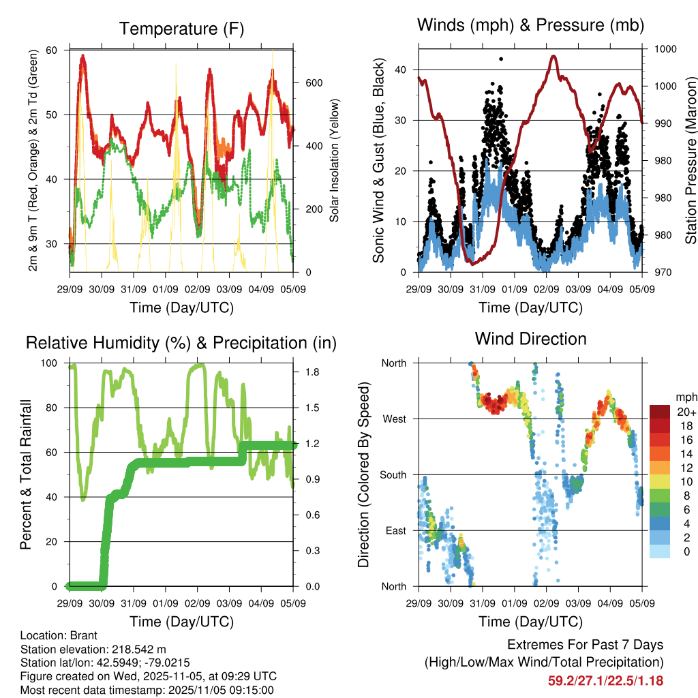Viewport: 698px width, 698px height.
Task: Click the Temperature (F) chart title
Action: click(181, 29)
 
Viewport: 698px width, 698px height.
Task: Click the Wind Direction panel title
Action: click(530, 338)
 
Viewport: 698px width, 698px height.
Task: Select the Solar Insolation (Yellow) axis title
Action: click(335, 161)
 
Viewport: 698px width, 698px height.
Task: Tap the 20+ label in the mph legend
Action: click(685, 412)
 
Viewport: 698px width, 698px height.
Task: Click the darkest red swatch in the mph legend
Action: click(660, 412)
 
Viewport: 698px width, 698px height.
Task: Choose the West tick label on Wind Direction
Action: click(395, 419)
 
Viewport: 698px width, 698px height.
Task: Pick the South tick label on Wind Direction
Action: click(393, 475)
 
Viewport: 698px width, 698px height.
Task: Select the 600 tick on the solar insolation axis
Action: click(313, 83)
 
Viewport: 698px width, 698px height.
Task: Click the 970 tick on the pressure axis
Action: click(664, 273)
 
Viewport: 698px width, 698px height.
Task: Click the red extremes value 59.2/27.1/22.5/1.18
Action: click(605, 680)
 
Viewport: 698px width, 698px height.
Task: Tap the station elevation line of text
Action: click(93, 649)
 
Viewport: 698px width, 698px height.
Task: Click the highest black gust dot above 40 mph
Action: click(501, 59)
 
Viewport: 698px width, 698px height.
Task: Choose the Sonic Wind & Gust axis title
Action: click(379, 161)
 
